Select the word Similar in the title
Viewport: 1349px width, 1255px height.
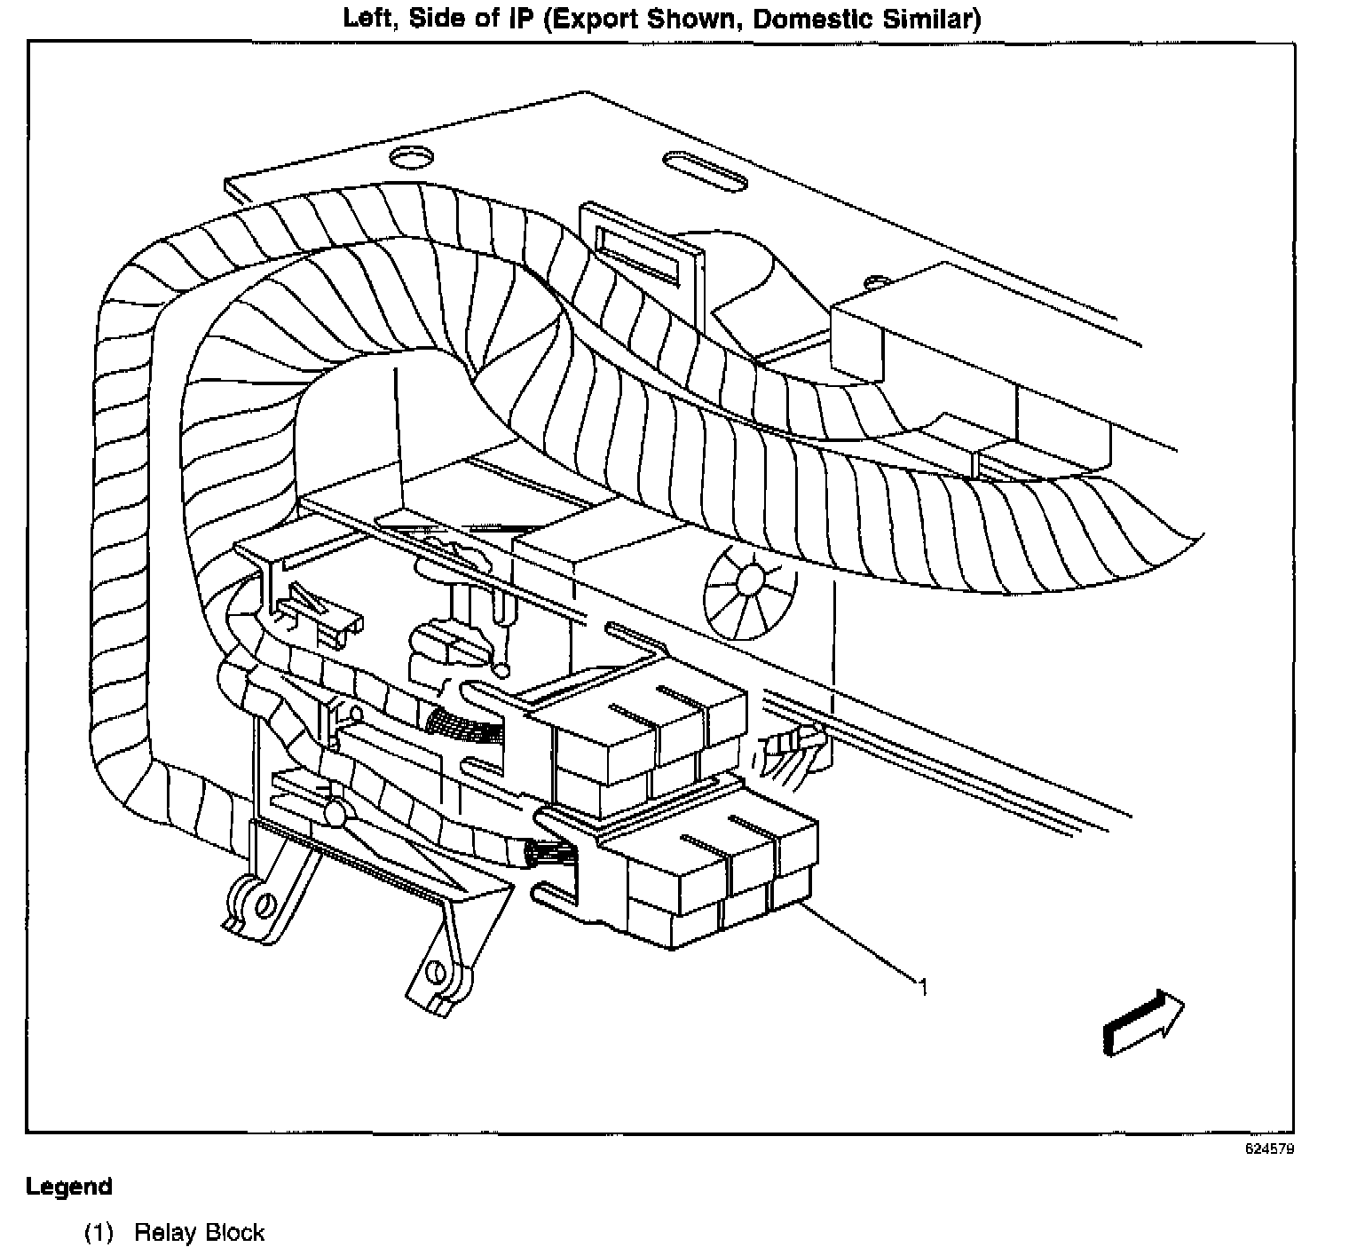pyautogui.click(x=919, y=19)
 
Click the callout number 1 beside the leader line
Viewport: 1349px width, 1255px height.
pyautogui.click(x=923, y=986)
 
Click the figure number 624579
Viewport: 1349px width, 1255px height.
pyautogui.click(x=1270, y=1148)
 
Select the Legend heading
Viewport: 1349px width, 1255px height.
pyautogui.click(x=69, y=1187)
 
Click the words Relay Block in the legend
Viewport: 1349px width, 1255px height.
pyautogui.click(x=199, y=1233)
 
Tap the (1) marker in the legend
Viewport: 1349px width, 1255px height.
pyautogui.click(x=99, y=1233)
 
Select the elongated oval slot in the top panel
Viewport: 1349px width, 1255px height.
pyautogui.click(x=705, y=170)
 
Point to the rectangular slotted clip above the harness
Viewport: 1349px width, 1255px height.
pyautogui.click(x=637, y=246)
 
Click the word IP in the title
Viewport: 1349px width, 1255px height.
pyautogui.click(x=518, y=19)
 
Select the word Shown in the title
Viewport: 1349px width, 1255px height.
pyautogui.click(x=690, y=20)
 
